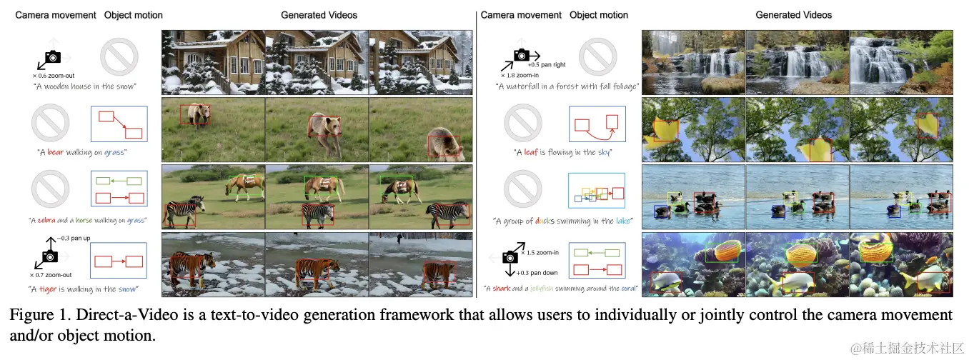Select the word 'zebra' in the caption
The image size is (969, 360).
coord(48,221)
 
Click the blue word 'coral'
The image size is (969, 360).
coord(627,289)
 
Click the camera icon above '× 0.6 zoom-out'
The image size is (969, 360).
coord(53,56)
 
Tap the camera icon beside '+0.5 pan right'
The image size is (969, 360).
coord(522,54)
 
